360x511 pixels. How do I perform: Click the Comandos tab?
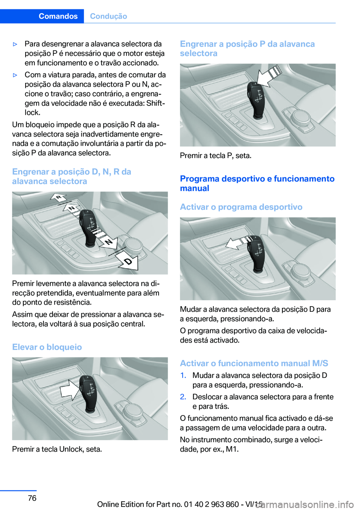(58, 16)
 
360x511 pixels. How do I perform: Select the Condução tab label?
(108, 16)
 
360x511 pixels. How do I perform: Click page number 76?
(32, 498)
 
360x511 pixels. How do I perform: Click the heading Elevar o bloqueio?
(47, 347)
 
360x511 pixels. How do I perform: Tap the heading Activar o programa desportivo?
(241, 207)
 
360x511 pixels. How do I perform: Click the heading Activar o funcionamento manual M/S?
(254, 363)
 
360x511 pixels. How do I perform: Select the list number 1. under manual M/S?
(183, 376)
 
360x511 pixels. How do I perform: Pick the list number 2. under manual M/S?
(183, 397)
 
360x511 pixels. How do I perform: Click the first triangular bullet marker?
(15, 44)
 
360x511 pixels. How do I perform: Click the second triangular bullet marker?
(15, 75)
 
